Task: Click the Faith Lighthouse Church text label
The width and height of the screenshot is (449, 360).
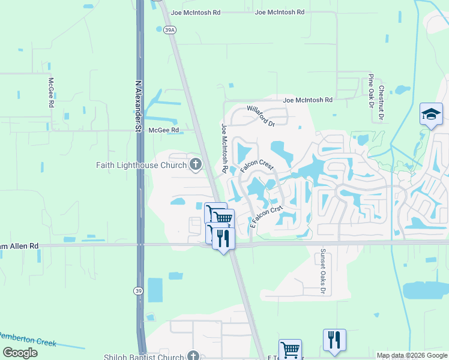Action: coord(141,165)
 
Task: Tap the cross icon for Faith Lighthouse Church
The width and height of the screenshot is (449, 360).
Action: coord(195,164)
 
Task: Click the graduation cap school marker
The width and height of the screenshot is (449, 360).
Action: coord(430,114)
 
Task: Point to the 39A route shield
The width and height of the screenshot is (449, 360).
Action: coord(169,29)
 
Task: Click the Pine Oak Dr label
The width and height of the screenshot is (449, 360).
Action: coord(371,91)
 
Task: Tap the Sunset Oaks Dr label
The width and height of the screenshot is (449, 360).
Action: coord(322,272)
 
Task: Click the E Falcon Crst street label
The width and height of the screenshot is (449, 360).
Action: coord(266,217)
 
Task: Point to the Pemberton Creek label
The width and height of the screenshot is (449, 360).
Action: coord(28,339)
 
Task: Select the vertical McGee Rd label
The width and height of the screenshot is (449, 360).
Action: coord(52,93)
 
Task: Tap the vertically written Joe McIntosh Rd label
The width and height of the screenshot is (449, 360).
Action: coord(224,148)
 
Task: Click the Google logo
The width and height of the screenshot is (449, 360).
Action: coord(20,353)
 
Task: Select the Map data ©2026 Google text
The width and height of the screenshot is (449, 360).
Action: coord(411,355)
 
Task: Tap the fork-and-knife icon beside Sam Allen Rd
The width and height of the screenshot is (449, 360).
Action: coord(222,238)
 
